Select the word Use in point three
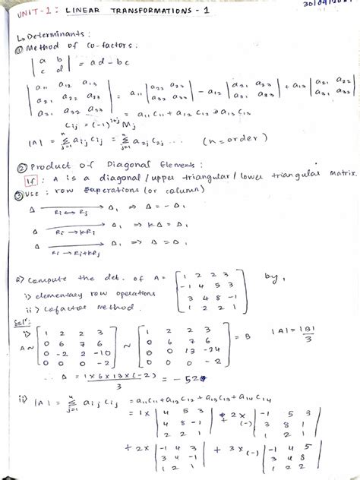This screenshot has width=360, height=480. click(x=33, y=192)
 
